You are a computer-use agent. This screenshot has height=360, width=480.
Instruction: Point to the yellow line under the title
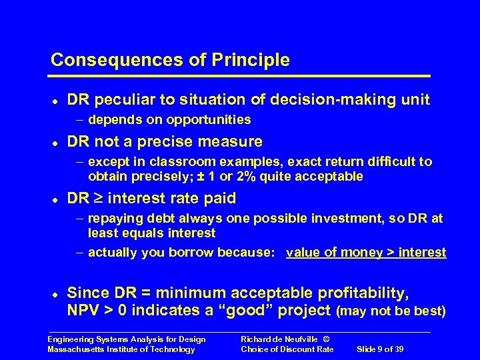tap(240, 75)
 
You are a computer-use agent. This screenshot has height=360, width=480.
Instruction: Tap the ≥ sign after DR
tap(99, 199)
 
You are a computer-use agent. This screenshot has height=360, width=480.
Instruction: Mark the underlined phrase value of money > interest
tap(366, 252)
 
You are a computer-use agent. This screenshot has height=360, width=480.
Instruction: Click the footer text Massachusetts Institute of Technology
tap(121, 349)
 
